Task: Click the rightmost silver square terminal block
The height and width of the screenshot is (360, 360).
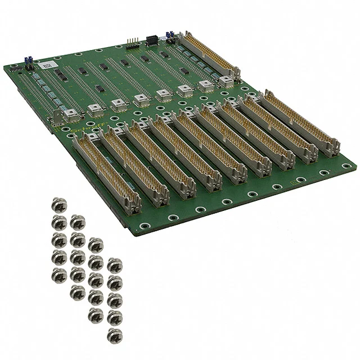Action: point(226,82)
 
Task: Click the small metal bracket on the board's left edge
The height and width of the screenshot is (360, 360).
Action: point(57,119)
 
